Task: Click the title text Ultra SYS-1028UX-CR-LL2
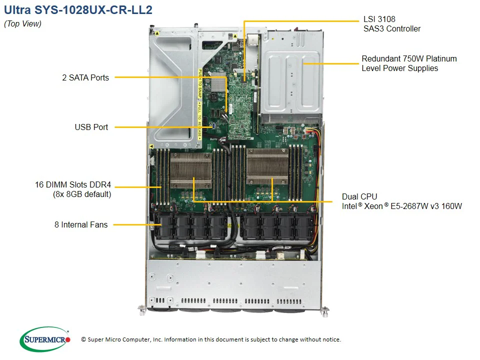tap(78, 10)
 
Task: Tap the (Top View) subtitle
tap(22, 23)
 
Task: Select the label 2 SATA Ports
tap(85, 77)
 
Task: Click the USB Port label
tap(91, 127)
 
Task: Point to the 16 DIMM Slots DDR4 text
tap(73, 185)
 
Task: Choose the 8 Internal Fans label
tap(81, 224)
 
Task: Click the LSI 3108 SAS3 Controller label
tap(391, 24)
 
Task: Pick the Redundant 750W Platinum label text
tap(409, 59)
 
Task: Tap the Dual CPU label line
tap(359, 196)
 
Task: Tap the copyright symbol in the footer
tap(83, 339)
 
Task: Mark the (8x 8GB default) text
tap(82, 194)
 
